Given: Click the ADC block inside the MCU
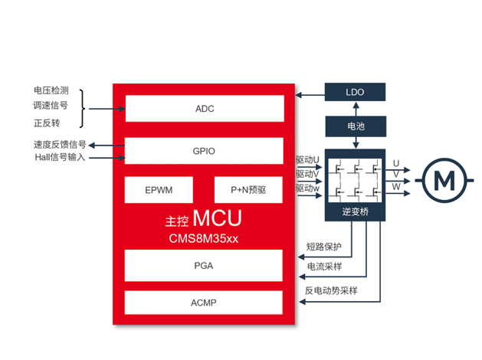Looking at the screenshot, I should pyautogui.click(x=204, y=109).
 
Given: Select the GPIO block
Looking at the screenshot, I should pyautogui.click(x=204, y=151).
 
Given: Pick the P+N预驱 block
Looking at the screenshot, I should pyautogui.click(x=248, y=190).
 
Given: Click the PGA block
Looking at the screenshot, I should pyautogui.click(x=204, y=266).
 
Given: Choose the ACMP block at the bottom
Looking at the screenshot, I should pyautogui.click(x=204, y=303).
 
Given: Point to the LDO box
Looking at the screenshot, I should pyautogui.click(x=355, y=93).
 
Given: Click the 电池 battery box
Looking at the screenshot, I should pyautogui.click(x=355, y=125).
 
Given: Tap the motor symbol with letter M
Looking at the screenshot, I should pyautogui.click(x=444, y=181).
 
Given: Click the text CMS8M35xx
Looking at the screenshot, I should pyautogui.click(x=204, y=238).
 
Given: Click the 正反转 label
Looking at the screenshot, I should pyautogui.click(x=45, y=123).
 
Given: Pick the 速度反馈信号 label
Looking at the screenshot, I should pyautogui.click(x=59, y=144).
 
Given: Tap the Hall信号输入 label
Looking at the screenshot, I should pyautogui.click(x=60, y=157).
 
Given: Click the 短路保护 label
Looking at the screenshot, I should pyautogui.click(x=323, y=247).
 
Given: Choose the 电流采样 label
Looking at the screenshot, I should pyautogui.click(x=323, y=267).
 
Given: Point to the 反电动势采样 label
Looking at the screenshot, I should pyautogui.click(x=331, y=291).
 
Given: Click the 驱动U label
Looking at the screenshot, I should pyautogui.click(x=307, y=160).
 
